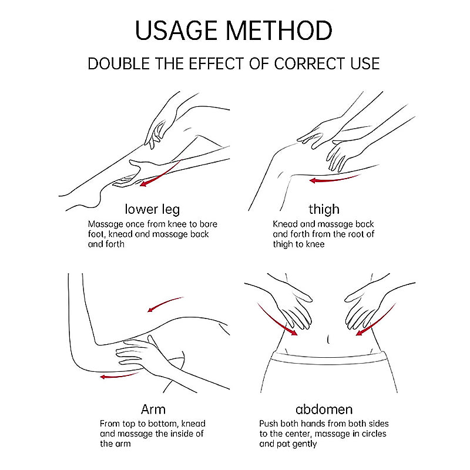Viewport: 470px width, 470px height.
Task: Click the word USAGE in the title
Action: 176,31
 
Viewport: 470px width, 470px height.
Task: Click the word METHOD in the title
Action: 279,31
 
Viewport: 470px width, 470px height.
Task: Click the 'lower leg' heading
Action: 152,209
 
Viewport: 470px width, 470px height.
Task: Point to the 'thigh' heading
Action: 324,209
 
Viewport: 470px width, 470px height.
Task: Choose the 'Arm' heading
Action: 153,409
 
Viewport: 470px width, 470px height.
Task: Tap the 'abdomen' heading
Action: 324,409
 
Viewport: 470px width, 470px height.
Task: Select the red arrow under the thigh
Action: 334,180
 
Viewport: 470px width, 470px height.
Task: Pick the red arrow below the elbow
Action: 119,376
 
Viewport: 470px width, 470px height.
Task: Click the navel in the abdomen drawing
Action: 328,340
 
